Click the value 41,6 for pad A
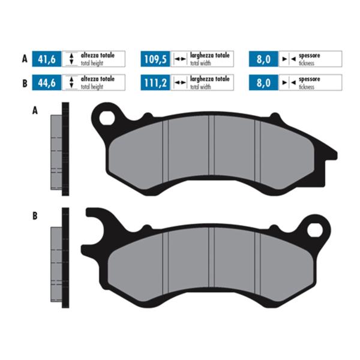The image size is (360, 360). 47,59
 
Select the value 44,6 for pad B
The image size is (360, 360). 47,83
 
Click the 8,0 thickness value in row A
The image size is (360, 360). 263,59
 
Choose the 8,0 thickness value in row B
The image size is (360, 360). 263,83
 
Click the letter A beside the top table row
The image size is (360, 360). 24,59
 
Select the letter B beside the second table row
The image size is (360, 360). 24,83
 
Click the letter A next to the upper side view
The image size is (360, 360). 34,111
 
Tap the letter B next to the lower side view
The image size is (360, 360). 34,215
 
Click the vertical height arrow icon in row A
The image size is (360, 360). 71,59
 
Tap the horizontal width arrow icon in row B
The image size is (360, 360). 180,83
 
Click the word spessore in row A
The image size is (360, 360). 309,55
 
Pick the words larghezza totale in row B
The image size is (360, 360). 210,79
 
